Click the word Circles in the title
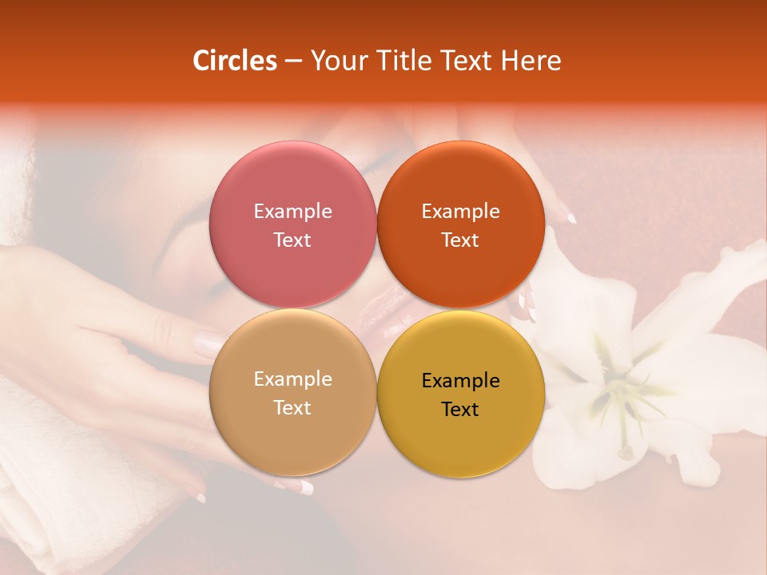(x=235, y=61)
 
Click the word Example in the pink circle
(x=292, y=212)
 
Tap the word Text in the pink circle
(x=292, y=240)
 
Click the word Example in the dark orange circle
(x=460, y=212)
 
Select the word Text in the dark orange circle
(x=460, y=240)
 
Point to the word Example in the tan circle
(x=292, y=379)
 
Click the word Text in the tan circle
(x=292, y=407)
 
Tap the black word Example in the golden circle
(x=460, y=381)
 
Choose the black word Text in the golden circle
(x=460, y=409)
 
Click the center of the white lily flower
(x=615, y=391)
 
